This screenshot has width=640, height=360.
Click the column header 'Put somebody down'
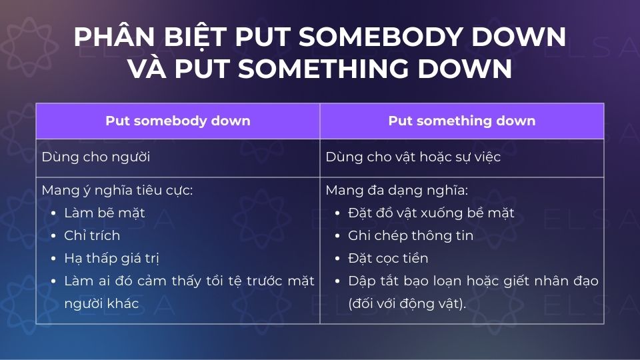pyautogui.click(x=178, y=121)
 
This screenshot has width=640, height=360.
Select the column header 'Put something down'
pyautogui.click(x=461, y=121)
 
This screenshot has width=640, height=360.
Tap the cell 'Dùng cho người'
pyautogui.click(x=95, y=157)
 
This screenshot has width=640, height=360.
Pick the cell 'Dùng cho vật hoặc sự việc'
pyautogui.click(x=413, y=157)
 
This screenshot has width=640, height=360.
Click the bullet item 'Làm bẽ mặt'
pyautogui.click(x=105, y=213)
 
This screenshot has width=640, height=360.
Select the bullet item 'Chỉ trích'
pyautogui.click(x=92, y=235)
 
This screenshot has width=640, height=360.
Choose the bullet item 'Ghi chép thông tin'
pyautogui.click(x=411, y=235)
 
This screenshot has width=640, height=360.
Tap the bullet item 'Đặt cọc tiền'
pyautogui.click(x=388, y=258)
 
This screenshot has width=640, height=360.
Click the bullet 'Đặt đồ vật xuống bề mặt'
pyautogui.click(x=431, y=213)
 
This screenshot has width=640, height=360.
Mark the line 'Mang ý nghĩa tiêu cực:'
pyautogui.click(x=117, y=191)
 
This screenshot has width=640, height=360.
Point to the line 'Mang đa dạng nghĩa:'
pyautogui.click(x=397, y=191)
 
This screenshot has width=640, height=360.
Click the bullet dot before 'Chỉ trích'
pyautogui.click(x=53, y=236)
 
